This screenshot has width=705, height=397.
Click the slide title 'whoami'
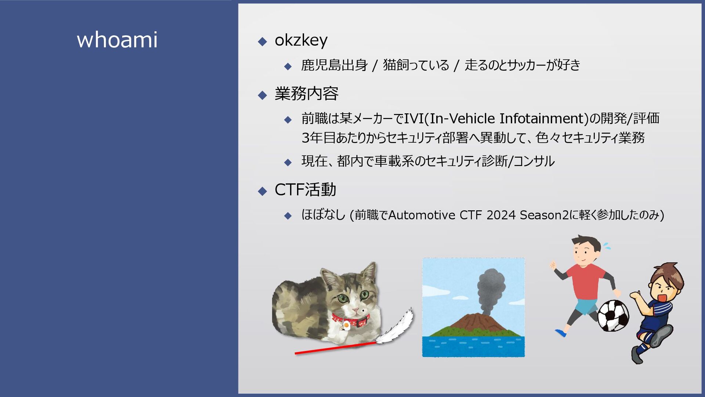tap(117, 39)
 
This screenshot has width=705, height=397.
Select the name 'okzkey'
tap(301, 40)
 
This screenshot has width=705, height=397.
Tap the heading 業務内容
tap(307, 93)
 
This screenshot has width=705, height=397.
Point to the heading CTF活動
tap(305, 190)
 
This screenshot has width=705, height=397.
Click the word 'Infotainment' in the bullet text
tap(542, 118)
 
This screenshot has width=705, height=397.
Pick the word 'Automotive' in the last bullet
tap(422, 215)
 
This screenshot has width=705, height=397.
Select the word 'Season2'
tap(545, 215)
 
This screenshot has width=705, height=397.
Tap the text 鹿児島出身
tap(335, 65)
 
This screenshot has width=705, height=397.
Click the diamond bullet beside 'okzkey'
tap(262, 41)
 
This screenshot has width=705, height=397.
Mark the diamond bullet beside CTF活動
tap(262, 191)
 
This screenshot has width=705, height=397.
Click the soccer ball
tap(613, 315)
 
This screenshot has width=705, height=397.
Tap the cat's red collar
tap(351, 320)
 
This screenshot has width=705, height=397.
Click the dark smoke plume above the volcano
tap(490, 290)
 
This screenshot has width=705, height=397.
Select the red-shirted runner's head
tap(586, 250)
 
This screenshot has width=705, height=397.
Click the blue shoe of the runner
tap(560, 333)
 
